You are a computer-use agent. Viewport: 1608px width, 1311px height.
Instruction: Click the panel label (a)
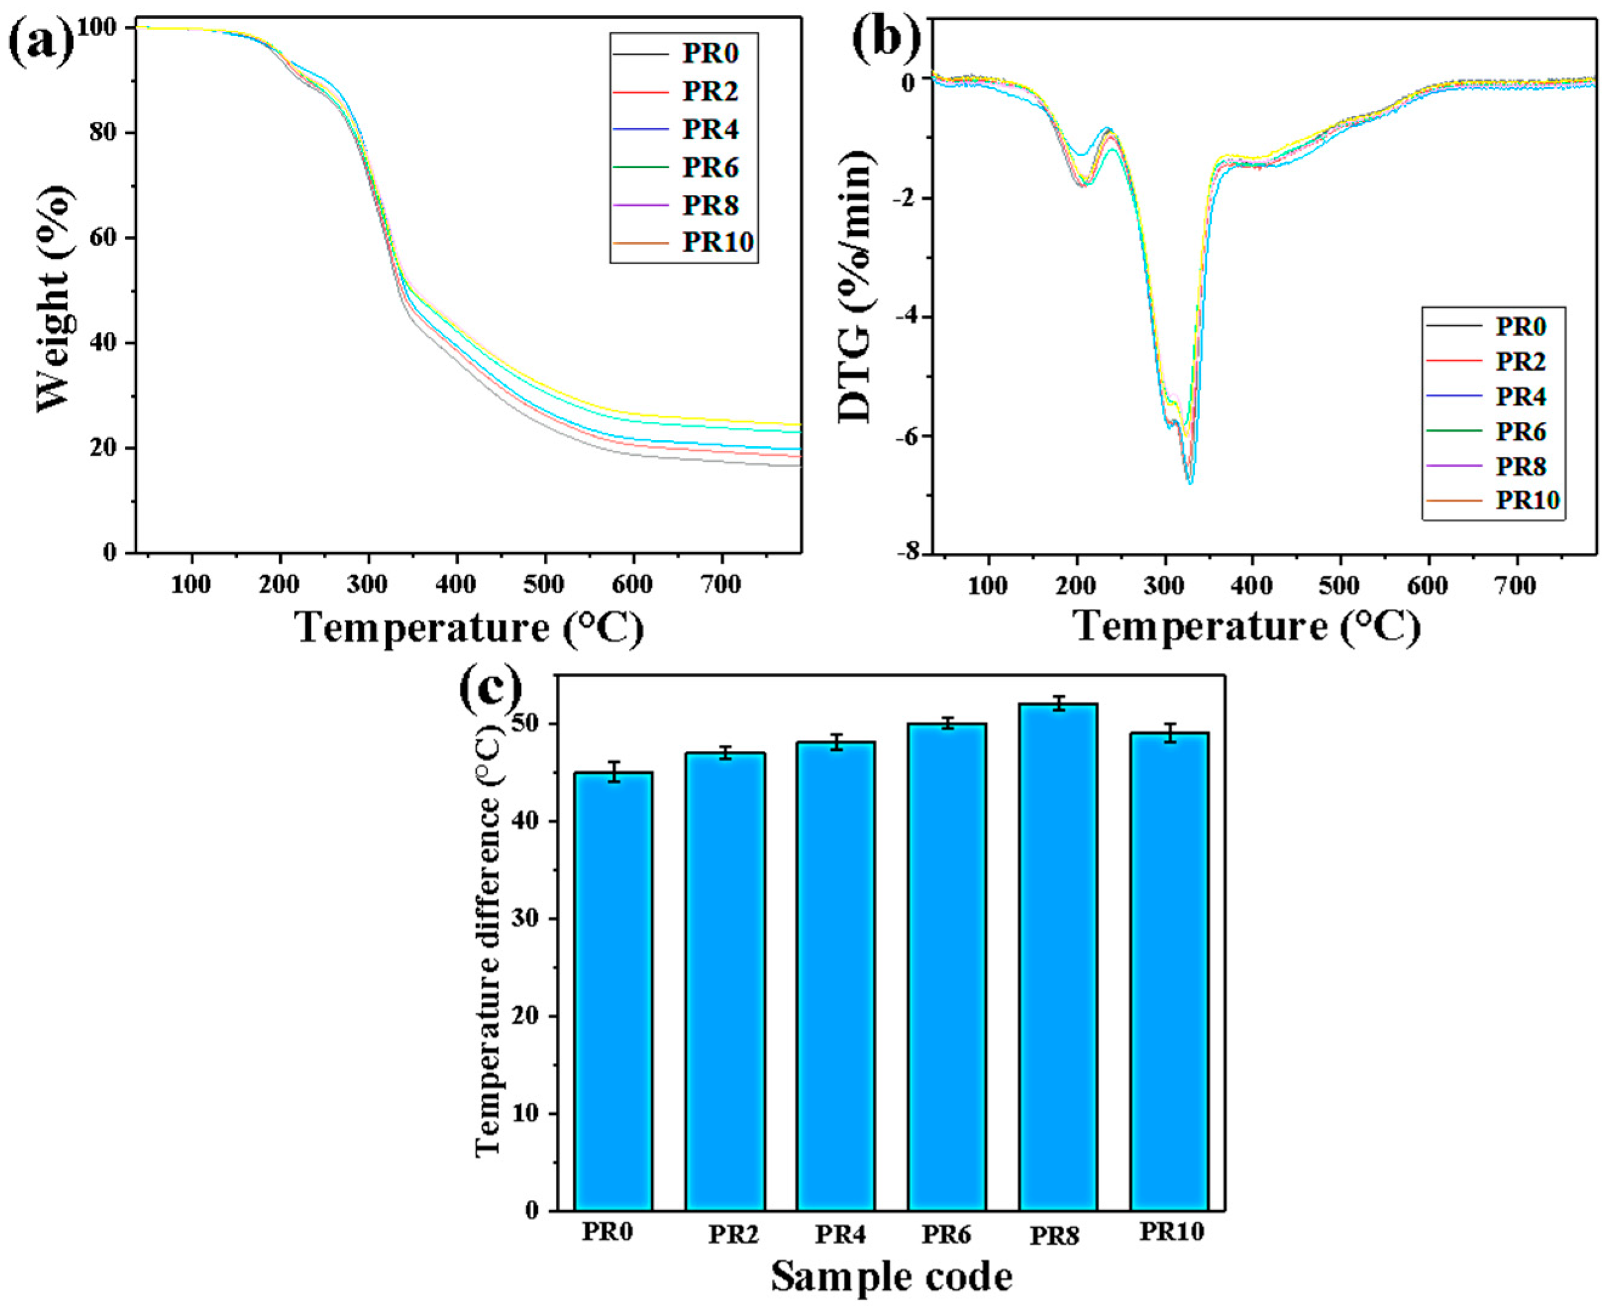coord(41,44)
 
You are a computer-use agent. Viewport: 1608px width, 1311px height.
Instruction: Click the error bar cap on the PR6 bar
coord(947,718)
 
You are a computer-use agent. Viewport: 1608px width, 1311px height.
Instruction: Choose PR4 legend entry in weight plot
coord(710,130)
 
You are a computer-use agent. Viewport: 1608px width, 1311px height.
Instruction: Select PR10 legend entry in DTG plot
coord(1525,501)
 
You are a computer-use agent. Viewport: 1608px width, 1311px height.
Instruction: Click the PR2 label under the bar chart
coord(733,1235)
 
